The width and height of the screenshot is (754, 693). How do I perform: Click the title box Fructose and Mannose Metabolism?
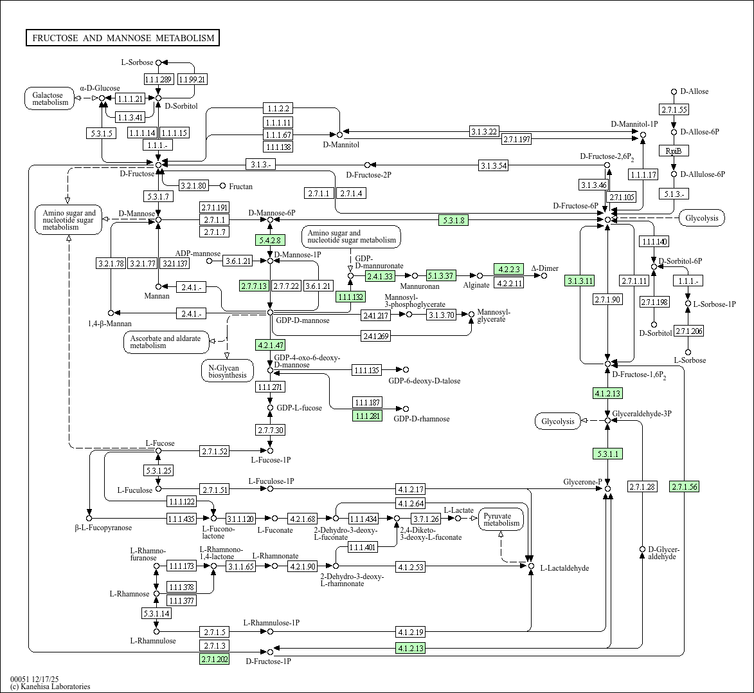pyautogui.click(x=123, y=38)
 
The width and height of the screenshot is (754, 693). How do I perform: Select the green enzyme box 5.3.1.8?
pyautogui.click(x=454, y=220)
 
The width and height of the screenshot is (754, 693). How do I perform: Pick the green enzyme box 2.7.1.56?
pyautogui.click(x=683, y=486)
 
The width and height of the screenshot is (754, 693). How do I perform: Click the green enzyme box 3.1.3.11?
pyautogui.click(x=580, y=281)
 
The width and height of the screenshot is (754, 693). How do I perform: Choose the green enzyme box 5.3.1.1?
pyautogui.click(x=607, y=454)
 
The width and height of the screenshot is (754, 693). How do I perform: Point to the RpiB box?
pyautogui.click(x=673, y=151)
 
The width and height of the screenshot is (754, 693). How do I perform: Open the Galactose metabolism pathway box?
pyautogui.click(x=50, y=98)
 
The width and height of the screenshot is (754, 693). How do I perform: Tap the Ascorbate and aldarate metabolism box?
pyautogui.click(x=166, y=342)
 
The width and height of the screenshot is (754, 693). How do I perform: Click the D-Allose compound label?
pyautogui.click(x=694, y=91)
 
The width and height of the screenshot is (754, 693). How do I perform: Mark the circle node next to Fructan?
pyautogui.click(x=223, y=186)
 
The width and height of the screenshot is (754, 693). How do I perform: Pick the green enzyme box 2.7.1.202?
pyautogui.click(x=215, y=659)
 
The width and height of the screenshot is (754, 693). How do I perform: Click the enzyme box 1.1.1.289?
pyautogui.click(x=158, y=79)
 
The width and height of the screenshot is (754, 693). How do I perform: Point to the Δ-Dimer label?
pyautogui.click(x=544, y=268)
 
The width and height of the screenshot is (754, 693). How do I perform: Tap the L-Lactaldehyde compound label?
pyautogui.click(x=564, y=568)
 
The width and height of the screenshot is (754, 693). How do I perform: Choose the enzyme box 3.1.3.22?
pyautogui.click(x=484, y=132)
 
